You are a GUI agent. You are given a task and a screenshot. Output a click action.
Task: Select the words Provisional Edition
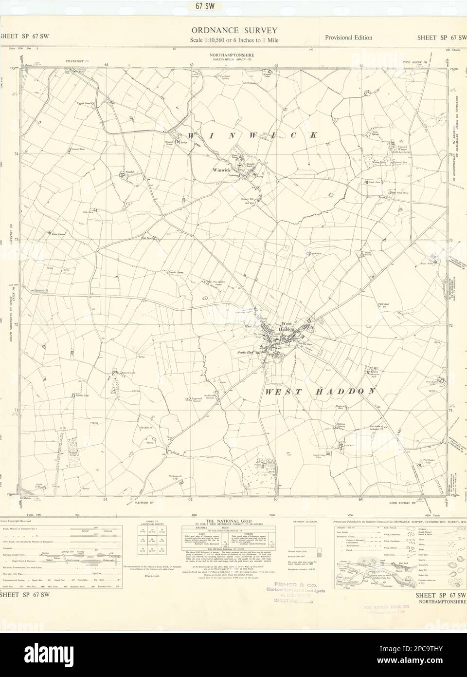click(x=346, y=38)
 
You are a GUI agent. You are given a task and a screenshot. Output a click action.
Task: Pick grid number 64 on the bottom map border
click(x=360, y=500)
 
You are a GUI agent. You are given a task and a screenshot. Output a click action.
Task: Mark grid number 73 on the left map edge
click(x=16, y=240)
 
